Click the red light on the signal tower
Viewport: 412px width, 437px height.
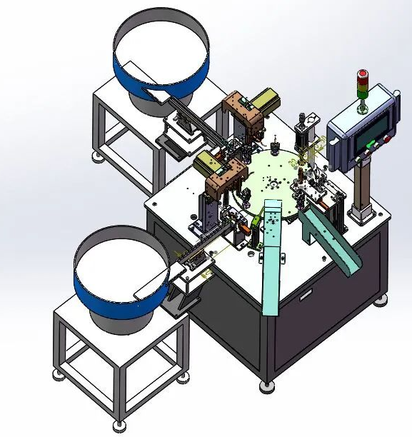(362, 74)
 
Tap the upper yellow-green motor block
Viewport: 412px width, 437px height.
(266, 99)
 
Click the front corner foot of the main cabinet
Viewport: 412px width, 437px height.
(268, 386)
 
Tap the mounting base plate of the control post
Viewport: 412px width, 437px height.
(362, 212)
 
